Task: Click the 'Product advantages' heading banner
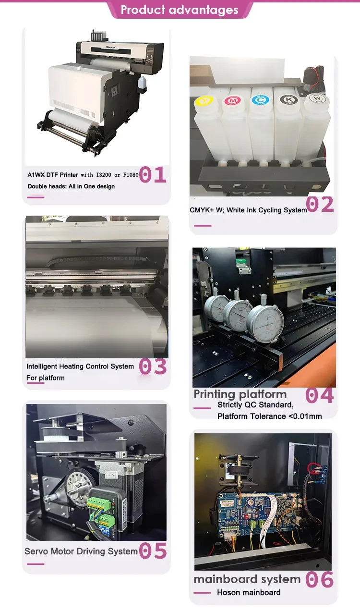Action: [180, 10]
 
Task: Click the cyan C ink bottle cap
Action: [260, 100]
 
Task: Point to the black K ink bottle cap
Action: [289, 99]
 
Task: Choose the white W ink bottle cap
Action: [317, 98]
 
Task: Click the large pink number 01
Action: [153, 174]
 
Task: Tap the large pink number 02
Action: [320, 204]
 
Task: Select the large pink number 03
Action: [153, 367]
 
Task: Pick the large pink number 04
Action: [320, 395]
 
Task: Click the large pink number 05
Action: [153, 550]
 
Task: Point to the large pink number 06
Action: [320, 580]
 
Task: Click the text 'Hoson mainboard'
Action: [249, 592]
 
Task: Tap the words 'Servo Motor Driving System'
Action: [81, 551]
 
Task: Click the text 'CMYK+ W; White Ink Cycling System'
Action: [248, 210]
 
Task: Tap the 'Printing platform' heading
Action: [240, 394]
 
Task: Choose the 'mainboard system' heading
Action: [247, 579]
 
